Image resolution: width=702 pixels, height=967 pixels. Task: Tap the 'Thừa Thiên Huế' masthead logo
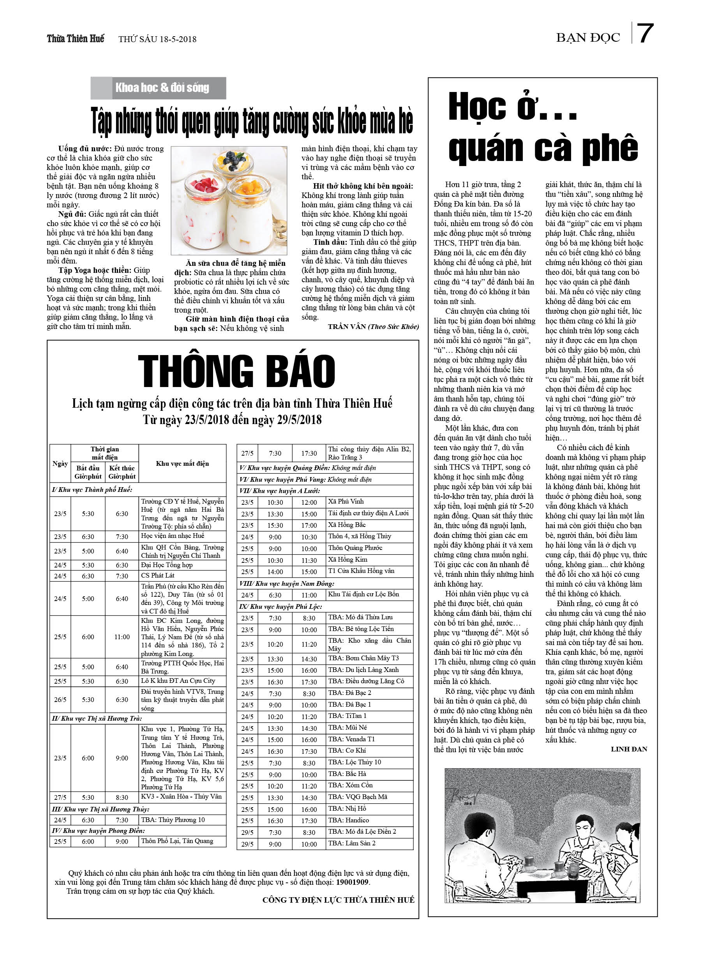76,39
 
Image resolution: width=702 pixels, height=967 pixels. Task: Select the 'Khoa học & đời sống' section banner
162,88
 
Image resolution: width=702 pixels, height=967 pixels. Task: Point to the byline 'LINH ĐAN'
629,749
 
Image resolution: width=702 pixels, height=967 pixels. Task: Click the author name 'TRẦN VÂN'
347,327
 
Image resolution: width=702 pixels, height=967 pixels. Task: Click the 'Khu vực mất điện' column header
182,463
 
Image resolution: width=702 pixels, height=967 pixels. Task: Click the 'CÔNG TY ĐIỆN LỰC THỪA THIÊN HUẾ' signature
338,900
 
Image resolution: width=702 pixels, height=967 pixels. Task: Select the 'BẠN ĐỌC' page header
588,38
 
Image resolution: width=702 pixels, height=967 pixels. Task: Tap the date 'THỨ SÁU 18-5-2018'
157,39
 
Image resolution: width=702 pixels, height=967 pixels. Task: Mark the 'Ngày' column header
60,463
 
